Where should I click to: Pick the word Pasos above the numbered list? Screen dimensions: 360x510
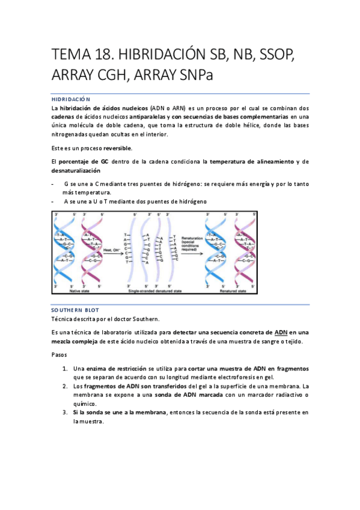pyautogui.click(x=61, y=355)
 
